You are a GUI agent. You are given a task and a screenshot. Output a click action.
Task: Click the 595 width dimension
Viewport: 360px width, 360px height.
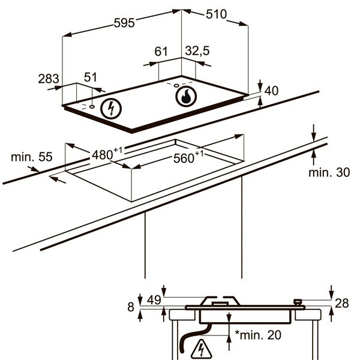point(124,23)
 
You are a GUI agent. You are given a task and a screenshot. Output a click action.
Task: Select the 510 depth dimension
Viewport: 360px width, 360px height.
point(216,14)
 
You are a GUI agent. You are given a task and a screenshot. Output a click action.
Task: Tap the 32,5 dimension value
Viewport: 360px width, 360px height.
point(197,51)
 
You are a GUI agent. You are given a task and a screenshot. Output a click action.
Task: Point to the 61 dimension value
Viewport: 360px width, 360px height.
point(161,52)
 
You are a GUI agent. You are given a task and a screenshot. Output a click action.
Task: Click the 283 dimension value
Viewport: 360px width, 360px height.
point(49,79)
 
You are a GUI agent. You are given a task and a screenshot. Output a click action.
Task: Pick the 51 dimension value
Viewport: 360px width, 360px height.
point(91,77)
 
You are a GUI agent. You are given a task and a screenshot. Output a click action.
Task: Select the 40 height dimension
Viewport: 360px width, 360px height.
point(271,91)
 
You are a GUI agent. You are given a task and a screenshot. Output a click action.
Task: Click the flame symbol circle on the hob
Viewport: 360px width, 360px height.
point(186,97)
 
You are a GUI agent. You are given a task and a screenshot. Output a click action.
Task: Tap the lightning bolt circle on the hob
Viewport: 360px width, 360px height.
point(111,109)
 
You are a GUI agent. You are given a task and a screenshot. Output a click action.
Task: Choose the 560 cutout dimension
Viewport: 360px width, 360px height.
point(188,157)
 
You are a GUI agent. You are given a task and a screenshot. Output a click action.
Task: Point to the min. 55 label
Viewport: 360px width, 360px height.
point(32,157)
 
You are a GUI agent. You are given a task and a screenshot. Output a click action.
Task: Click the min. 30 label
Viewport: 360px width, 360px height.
point(329,172)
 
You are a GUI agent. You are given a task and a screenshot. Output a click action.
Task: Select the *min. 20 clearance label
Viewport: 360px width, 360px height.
point(258,335)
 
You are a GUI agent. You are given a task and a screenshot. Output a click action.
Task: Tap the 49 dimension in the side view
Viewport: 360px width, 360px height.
point(154,300)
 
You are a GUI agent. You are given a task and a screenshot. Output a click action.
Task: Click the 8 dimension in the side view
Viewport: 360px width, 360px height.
point(131,307)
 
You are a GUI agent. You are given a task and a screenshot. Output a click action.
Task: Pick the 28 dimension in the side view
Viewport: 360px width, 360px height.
point(342,303)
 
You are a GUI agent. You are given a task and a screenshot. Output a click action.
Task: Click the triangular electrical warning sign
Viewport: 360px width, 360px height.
point(202,349)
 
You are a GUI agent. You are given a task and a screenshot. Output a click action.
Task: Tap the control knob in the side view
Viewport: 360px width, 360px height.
point(298,302)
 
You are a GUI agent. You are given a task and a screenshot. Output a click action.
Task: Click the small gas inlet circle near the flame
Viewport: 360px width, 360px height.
point(176,86)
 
